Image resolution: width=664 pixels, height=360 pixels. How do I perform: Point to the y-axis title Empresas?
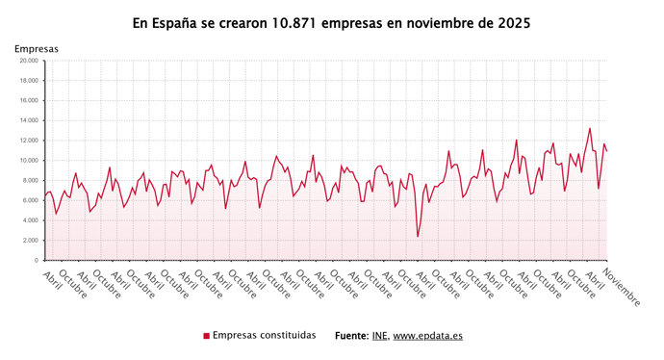coord(37,48)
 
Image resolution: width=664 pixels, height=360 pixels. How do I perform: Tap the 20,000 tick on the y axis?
coord(29,61)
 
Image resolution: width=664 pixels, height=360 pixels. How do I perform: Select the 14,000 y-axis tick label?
coord(29,120)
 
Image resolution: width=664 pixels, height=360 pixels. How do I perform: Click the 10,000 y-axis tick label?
coord(29,160)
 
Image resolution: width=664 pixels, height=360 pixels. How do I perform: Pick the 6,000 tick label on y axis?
coord(31,200)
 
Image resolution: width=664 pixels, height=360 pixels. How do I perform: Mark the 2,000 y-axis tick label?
coord(31,240)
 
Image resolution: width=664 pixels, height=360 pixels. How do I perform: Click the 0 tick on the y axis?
coord(36,260)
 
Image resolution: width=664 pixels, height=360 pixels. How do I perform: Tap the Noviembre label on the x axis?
coord(621,287)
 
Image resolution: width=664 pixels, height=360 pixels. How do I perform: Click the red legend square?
coord(206,336)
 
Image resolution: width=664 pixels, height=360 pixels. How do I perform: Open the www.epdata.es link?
coord(427,336)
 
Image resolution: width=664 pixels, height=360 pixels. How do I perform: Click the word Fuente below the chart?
coord(350,336)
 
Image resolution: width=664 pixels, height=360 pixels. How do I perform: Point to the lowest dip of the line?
coord(418,236)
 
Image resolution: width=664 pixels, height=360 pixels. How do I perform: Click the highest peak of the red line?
coord(590,128)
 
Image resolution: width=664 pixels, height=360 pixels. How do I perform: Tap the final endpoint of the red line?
coord(607,152)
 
